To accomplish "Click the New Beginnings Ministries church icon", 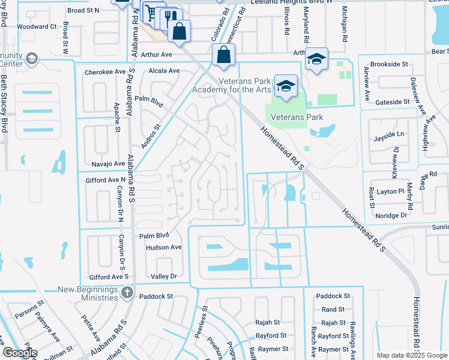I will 126,293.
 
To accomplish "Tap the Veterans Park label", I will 297,117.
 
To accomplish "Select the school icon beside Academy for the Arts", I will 286,86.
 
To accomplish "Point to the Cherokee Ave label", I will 104,71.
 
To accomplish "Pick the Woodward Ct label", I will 36,26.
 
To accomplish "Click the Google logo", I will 19,353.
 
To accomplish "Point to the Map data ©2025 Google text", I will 411,355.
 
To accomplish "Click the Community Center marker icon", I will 31,59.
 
